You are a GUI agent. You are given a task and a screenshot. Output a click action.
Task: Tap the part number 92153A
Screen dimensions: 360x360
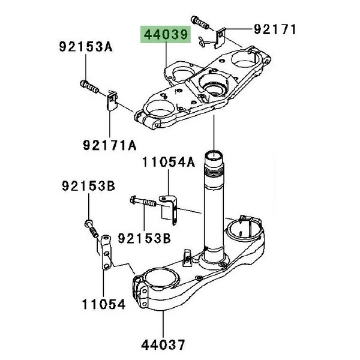85,47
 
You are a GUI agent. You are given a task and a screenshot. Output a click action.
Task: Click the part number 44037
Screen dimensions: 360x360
163,344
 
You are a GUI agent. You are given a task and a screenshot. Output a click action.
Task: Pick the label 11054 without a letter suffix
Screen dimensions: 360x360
104,304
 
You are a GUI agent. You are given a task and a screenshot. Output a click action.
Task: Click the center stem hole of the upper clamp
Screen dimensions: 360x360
214,84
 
